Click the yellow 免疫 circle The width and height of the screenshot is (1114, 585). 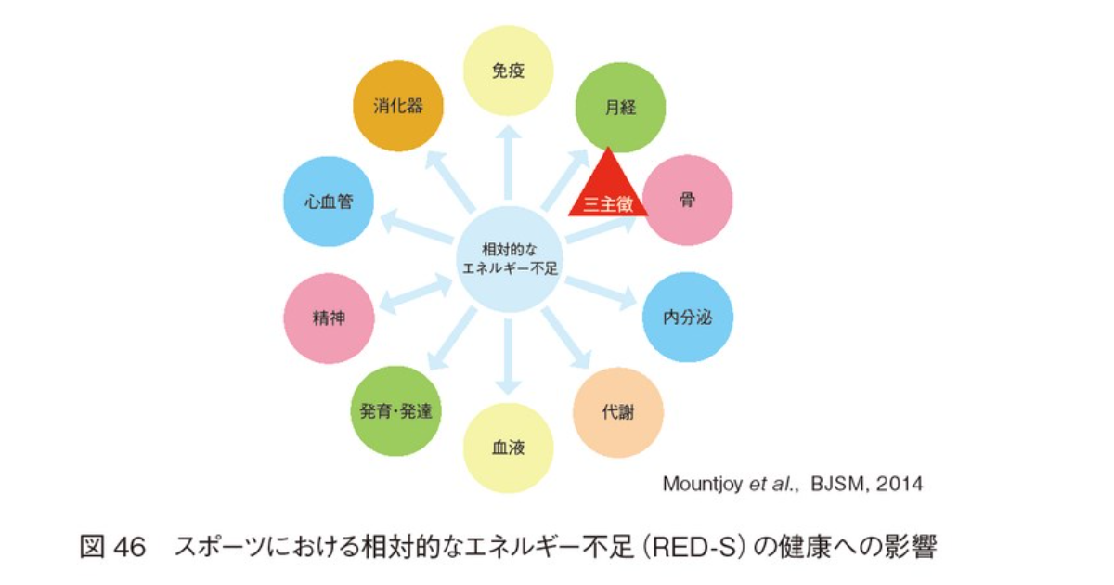508,71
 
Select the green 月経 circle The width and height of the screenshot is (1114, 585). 620,107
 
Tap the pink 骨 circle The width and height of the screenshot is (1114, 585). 688,200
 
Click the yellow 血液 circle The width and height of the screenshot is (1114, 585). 508,448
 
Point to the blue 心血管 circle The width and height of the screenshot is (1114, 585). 329,201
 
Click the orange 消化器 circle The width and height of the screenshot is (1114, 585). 398,107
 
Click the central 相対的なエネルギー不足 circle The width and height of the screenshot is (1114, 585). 508,258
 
